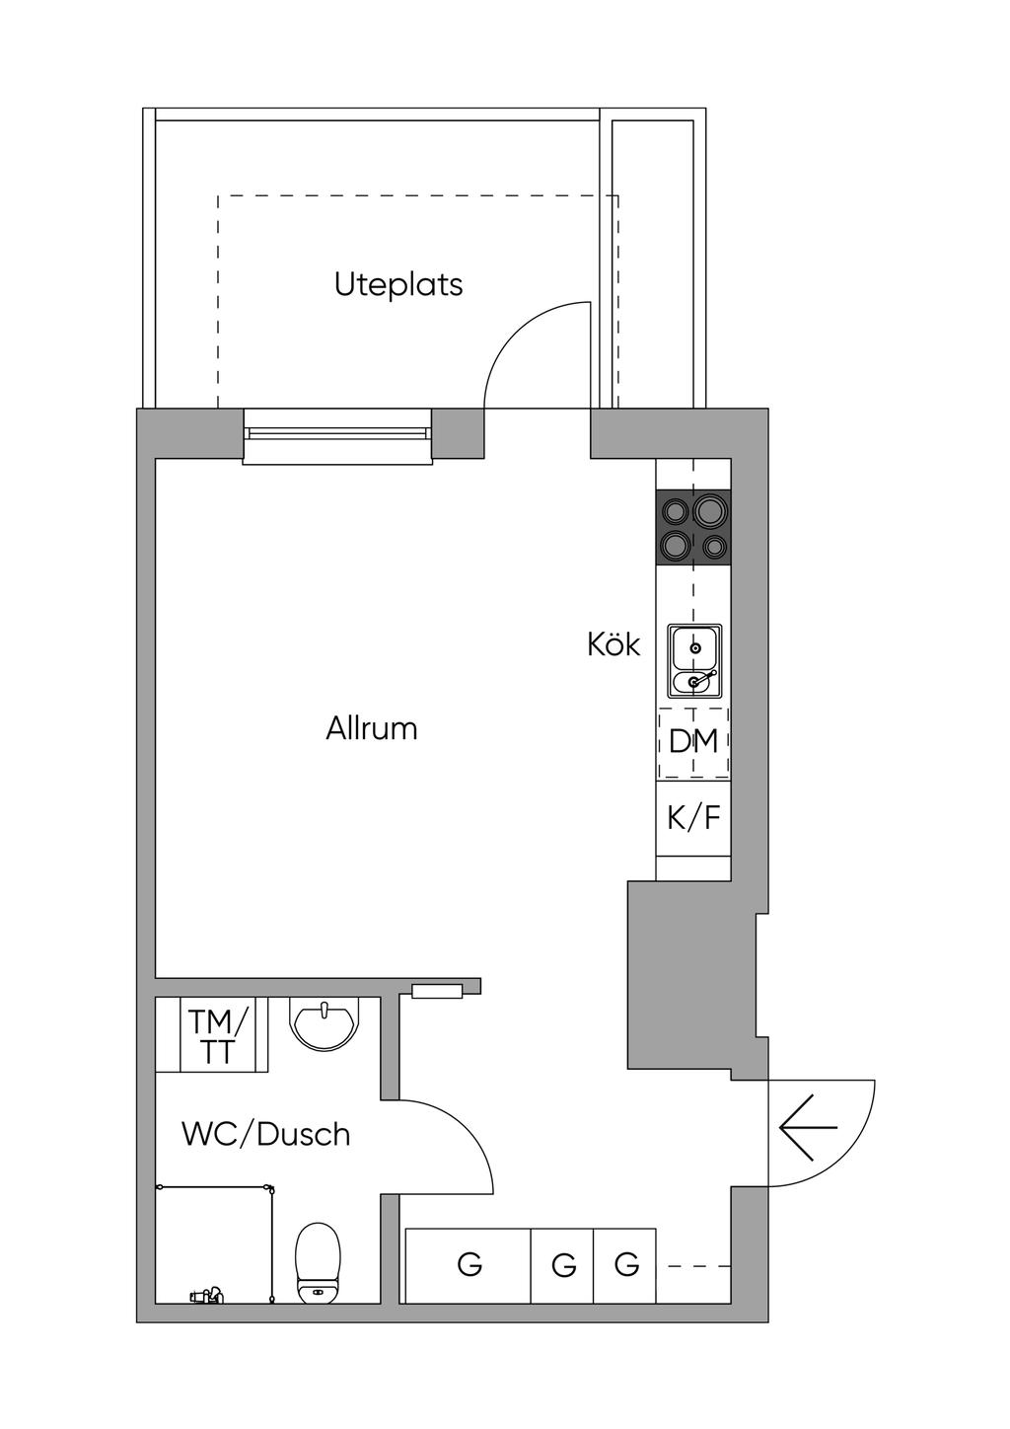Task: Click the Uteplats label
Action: pyautogui.click(x=397, y=284)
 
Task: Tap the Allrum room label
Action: pyautogui.click(x=372, y=729)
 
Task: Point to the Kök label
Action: pyautogui.click(x=613, y=645)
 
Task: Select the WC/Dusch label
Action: pyautogui.click(x=265, y=1134)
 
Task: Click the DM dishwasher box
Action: pyautogui.click(x=693, y=741)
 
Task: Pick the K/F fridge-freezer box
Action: pyautogui.click(x=693, y=817)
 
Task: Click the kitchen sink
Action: pyautogui.click(x=694, y=660)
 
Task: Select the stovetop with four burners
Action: pyautogui.click(x=693, y=528)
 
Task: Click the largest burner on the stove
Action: pyautogui.click(x=710, y=511)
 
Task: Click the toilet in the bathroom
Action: pyautogui.click(x=319, y=1261)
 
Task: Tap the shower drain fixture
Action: pyautogui.click(x=206, y=1295)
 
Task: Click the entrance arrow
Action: pyautogui.click(x=808, y=1126)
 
